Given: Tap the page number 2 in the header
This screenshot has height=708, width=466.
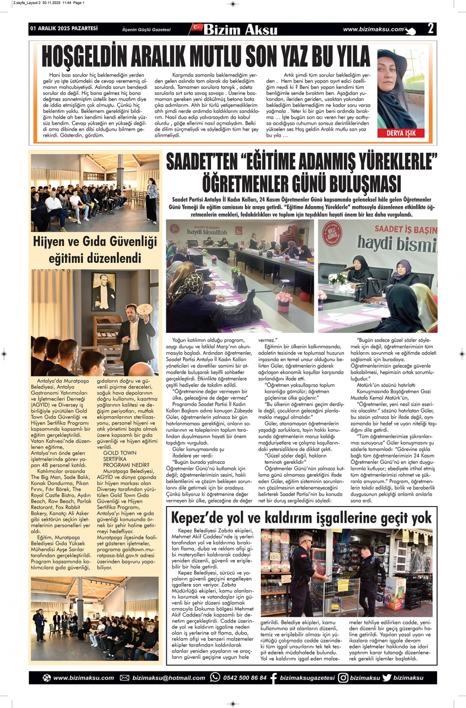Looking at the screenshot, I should (x=430, y=29).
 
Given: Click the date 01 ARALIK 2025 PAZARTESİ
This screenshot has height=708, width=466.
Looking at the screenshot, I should (x=64, y=29).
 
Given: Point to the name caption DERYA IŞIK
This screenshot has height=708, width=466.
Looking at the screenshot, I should (x=401, y=133).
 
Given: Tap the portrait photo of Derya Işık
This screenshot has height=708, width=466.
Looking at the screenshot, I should (x=401, y=88).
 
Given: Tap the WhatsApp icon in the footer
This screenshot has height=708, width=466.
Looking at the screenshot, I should (x=215, y=677).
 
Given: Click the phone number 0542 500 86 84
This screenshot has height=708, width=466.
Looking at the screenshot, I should (x=245, y=678).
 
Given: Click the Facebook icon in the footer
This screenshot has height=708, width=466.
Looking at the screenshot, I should (x=274, y=678).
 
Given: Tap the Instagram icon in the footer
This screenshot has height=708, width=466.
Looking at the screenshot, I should (x=343, y=678).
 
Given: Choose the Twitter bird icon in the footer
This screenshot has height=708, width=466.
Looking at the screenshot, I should (x=387, y=678).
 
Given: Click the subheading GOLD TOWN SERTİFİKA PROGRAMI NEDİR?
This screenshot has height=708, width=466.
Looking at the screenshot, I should (x=120, y=459).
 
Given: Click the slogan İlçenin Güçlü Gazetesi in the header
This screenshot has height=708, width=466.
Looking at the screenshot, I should (x=146, y=30).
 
